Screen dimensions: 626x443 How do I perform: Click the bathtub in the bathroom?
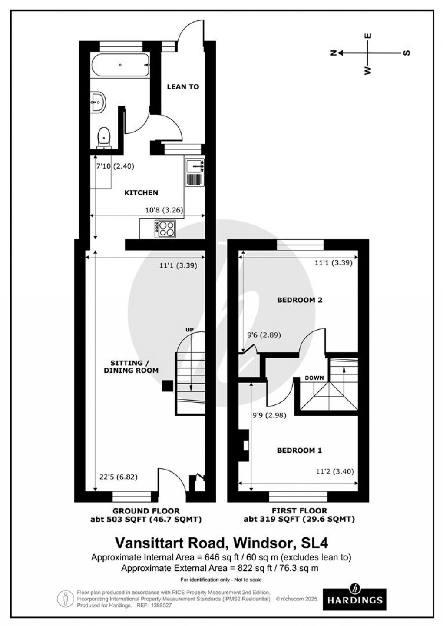click(x=120, y=66)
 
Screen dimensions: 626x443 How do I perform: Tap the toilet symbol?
click(x=103, y=137)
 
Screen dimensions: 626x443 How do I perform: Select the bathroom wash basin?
click(x=98, y=102)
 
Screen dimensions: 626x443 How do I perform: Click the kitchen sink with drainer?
click(x=195, y=172)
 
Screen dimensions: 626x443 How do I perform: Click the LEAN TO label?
click(x=183, y=87)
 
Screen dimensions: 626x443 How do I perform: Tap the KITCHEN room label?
click(x=141, y=192)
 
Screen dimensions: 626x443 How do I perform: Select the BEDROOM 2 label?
click(x=300, y=300)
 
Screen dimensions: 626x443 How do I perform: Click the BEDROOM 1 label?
click(x=299, y=450)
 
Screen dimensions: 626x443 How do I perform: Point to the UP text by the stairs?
click(x=189, y=330)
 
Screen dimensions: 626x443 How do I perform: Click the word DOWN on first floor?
click(x=314, y=378)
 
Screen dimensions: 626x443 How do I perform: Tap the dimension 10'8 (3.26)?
click(x=164, y=210)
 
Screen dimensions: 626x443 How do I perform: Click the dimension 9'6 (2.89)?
click(x=264, y=335)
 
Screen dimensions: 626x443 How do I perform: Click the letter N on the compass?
click(x=334, y=53)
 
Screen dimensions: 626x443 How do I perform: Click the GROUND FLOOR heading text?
click(x=146, y=511)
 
